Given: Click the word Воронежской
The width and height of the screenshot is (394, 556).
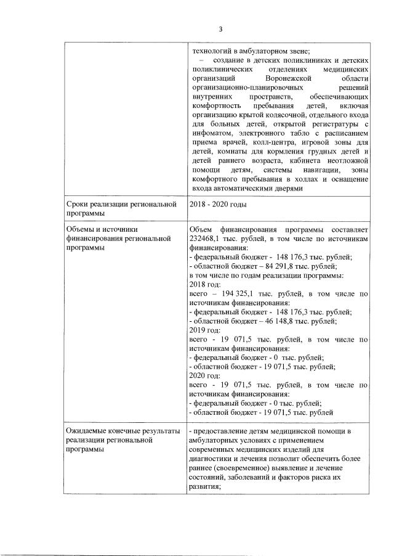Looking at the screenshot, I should (x=284, y=80).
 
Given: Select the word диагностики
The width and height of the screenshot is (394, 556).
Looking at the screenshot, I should (x=211, y=458).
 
